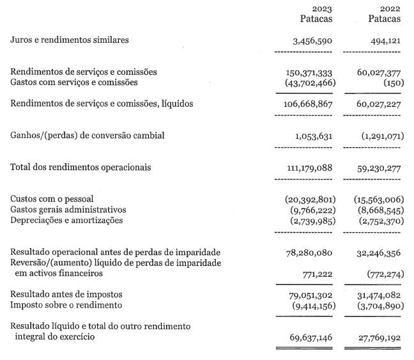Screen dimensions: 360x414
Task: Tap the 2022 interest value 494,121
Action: click(383, 40)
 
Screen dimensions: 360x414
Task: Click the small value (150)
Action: click(390, 82)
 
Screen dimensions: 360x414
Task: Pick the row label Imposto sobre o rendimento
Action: click(66, 305)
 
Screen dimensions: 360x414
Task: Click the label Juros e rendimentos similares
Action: click(69, 40)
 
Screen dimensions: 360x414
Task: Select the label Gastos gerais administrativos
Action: click(68, 210)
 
